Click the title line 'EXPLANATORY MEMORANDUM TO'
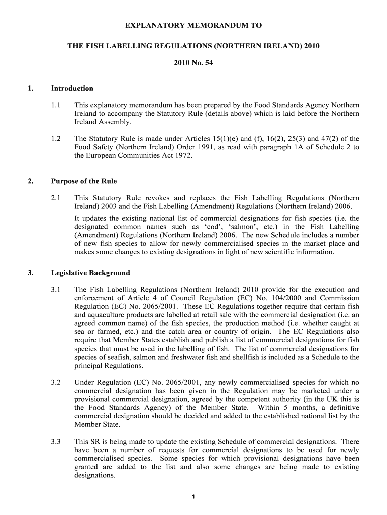point(193,25)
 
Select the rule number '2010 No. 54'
point(193,63)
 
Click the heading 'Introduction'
point(72,88)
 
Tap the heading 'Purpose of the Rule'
point(83,181)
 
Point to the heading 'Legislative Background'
point(90,273)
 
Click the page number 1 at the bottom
point(193,497)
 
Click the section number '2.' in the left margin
point(31,181)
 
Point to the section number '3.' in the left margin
point(31,273)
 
